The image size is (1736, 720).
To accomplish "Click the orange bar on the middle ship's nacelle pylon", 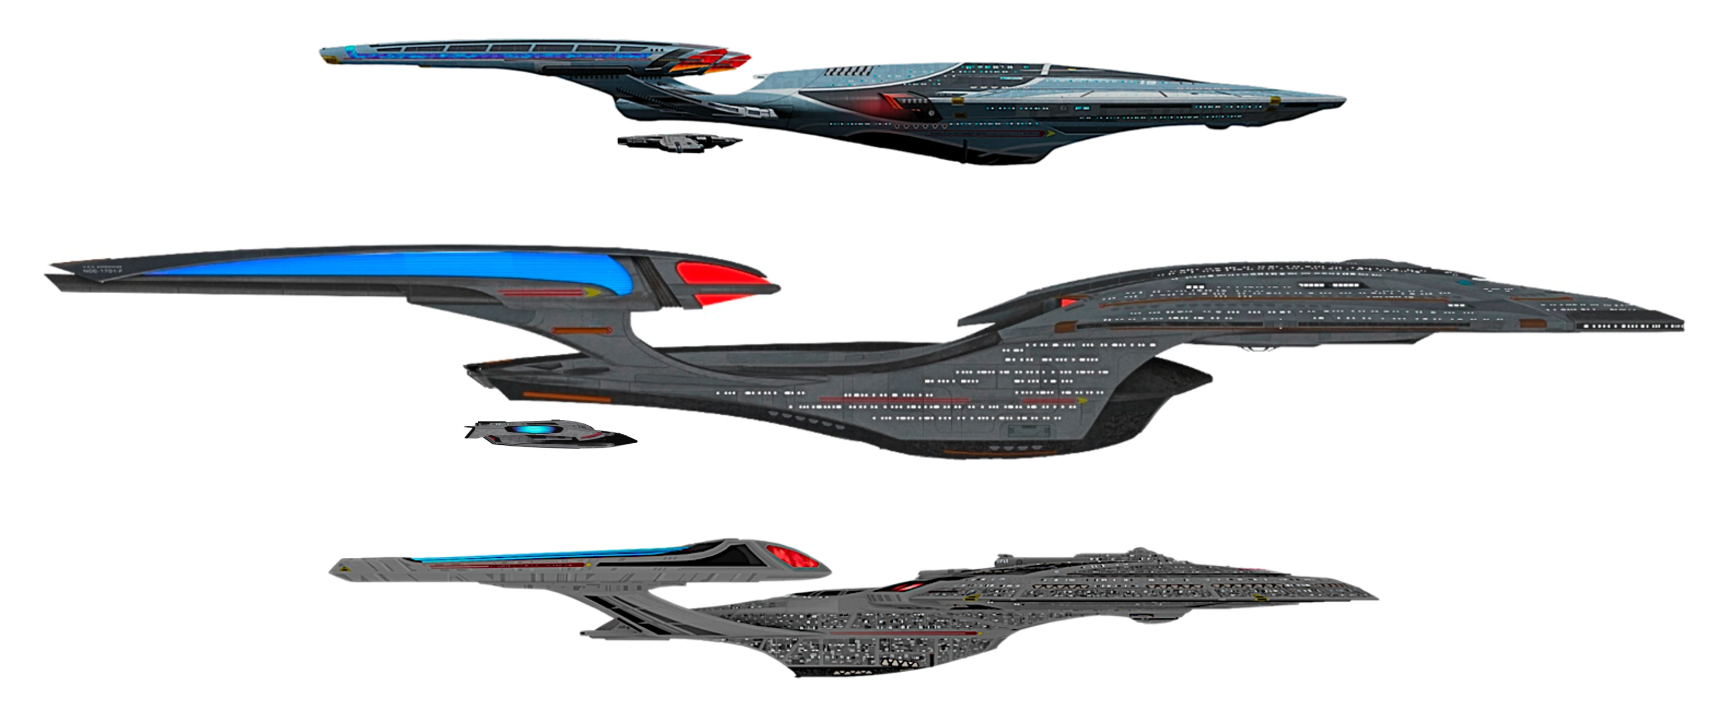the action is point(582,331).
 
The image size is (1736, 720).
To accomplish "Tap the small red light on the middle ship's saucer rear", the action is point(1067,302).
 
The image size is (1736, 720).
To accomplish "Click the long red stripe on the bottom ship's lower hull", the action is point(903,634).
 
